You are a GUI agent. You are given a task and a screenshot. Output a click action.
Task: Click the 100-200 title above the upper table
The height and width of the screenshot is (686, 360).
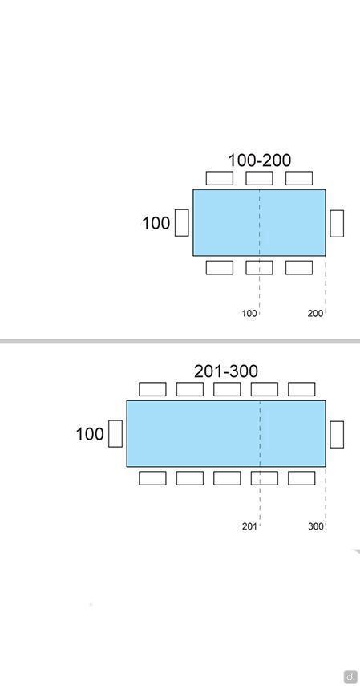(x=260, y=160)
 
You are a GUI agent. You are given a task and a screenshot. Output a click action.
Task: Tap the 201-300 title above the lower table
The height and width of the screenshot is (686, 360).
(x=226, y=371)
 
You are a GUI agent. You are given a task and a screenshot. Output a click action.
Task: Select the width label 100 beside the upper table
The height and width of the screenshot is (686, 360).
(x=156, y=223)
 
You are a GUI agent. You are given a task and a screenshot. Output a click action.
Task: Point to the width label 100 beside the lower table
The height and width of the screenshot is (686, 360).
(x=90, y=434)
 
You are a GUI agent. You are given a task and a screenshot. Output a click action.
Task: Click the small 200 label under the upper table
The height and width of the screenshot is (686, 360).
(x=315, y=313)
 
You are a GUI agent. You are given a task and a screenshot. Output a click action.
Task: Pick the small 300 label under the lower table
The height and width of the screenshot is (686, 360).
(x=316, y=526)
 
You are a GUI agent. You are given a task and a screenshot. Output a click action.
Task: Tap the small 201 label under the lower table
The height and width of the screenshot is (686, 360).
(x=249, y=526)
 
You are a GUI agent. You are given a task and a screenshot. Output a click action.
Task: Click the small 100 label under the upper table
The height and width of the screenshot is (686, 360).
(x=249, y=313)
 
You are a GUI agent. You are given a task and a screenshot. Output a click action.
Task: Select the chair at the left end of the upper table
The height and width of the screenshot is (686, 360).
(x=182, y=223)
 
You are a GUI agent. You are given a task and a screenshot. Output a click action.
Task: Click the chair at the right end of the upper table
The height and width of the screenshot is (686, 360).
(x=337, y=224)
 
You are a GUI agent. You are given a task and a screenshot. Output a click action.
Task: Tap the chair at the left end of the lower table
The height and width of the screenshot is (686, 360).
(x=115, y=433)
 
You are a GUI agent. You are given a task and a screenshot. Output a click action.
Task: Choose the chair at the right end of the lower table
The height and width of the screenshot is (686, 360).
(x=337, y=434)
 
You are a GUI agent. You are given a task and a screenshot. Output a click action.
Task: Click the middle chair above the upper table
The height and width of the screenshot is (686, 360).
(x=260, y=178)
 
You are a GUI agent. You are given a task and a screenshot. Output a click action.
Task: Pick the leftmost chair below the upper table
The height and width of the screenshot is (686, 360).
(x=220, y=267)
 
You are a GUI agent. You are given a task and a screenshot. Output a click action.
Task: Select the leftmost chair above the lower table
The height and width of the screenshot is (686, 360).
(x=152, y=389)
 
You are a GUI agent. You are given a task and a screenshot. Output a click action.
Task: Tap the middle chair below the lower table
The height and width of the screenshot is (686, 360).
(x=227, y=478)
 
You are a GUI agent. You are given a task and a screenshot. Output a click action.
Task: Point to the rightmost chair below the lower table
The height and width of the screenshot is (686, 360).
(x=301, y=478)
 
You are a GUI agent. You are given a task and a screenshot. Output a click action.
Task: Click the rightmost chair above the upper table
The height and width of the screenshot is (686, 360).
(x=299, y=178)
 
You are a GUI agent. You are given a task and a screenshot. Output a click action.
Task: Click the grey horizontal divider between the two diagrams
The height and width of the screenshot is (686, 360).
(x=180, y=341)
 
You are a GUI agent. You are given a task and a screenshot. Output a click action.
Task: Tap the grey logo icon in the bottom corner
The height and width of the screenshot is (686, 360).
(x=350, y=676)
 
